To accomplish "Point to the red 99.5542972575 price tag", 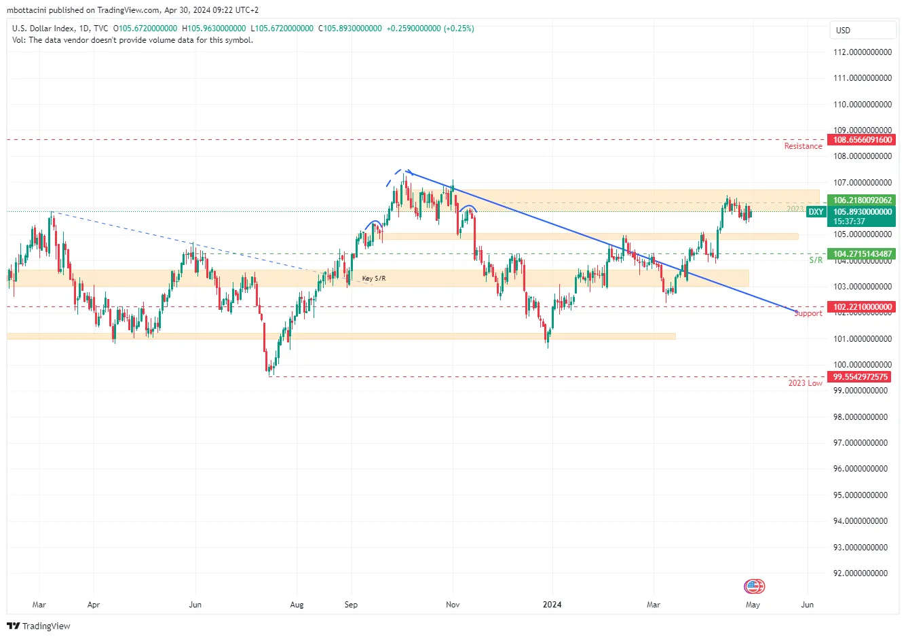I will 860,377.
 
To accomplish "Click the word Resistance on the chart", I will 803,146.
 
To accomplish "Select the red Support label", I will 808,313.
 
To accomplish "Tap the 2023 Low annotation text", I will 805,383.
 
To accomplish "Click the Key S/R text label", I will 374,279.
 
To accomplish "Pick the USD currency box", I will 863,31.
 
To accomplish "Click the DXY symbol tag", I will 816,212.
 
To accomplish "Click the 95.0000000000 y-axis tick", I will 860,495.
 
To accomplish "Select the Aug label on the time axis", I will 297,605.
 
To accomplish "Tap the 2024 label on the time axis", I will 552,605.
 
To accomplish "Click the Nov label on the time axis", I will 453,605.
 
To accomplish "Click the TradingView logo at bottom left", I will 39,626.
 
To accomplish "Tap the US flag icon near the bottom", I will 754,586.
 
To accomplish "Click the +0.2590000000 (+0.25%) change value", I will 430,29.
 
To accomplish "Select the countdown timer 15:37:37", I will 849,221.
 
